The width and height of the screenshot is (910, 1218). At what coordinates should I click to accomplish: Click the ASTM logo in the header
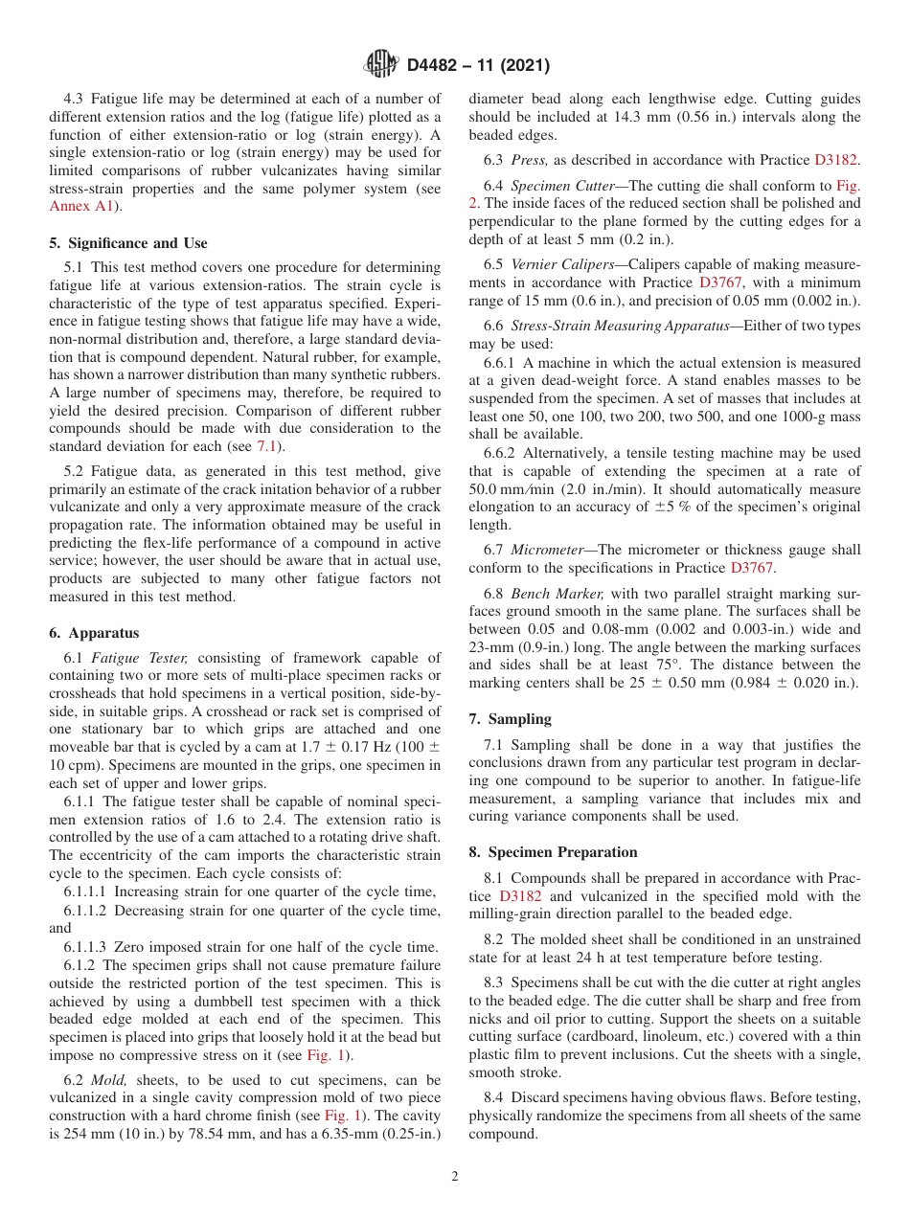(x=380, y=66)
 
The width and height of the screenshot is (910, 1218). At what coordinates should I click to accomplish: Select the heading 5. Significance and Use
(x=127, y=243)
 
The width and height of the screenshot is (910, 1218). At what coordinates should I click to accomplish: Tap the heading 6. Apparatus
(x=93, y=633)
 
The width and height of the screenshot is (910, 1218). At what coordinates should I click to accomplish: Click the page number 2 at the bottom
(x=455, y=1177)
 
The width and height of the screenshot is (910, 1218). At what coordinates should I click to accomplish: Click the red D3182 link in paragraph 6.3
(x=836, y=160)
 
